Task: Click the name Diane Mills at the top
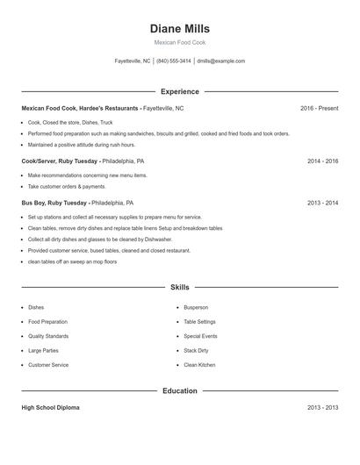point(180,29)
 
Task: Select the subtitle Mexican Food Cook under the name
point(180,42)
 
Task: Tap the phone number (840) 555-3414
point(174,61)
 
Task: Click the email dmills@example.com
point(221,61)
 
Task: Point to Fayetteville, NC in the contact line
point(133,61)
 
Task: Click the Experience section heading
point(180,91)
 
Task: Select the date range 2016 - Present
point(319,108)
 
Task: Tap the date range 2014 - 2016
point(322,161)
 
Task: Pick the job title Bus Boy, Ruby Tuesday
point(54,203)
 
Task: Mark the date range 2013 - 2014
point(322,203)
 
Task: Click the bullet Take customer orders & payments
point(67,187)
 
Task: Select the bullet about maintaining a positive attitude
point(82,145)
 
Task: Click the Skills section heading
point(180,287)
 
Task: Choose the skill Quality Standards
point(48,336)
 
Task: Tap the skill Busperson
point(197,308)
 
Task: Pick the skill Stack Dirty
point(196,350)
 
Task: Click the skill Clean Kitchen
point(199,365)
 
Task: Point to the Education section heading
point(180,390)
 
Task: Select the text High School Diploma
point(50,408)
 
